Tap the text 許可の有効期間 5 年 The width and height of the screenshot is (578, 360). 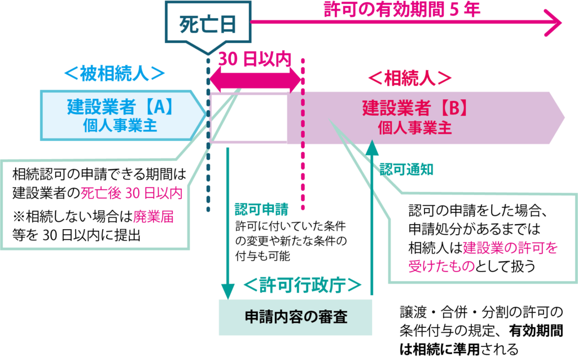[402, 10]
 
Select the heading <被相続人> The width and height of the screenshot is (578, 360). [115, 74]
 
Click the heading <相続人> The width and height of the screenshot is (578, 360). [410, 78]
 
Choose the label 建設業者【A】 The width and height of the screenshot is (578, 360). [120, 106]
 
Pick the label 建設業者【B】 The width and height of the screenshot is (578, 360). [415, 107]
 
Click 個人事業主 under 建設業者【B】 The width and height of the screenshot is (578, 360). [415, 128]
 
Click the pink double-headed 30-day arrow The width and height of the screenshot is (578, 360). [256, 81]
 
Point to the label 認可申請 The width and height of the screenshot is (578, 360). [261, 209]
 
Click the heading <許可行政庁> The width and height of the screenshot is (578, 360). [302, 286]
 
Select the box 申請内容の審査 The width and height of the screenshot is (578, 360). [295, 317]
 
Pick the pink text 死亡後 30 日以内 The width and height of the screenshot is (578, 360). [132, 194]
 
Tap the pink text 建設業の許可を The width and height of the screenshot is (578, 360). [510, 248]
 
